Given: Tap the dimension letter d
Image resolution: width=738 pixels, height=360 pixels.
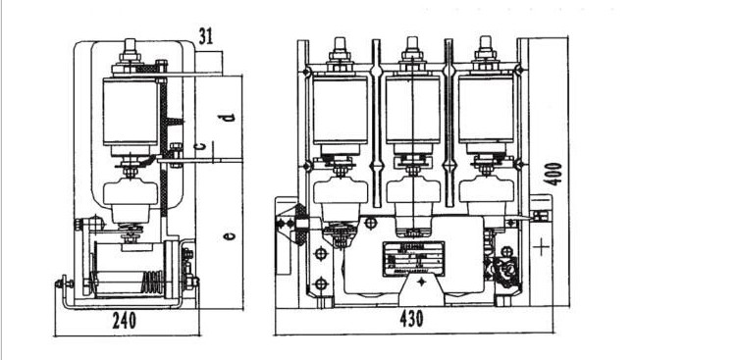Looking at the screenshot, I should (x=226, y=117).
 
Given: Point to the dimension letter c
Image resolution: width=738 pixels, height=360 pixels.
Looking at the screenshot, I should (x=200, y=146).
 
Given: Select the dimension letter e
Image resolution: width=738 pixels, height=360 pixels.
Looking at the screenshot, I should (x=227, y=235).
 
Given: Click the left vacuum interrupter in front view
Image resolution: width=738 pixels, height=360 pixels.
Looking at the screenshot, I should (x=338, y=110).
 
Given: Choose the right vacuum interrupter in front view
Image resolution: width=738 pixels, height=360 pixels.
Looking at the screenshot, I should (x=484, y=110).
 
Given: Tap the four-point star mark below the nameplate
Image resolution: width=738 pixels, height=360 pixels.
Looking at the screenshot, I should (x=420, y=282).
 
